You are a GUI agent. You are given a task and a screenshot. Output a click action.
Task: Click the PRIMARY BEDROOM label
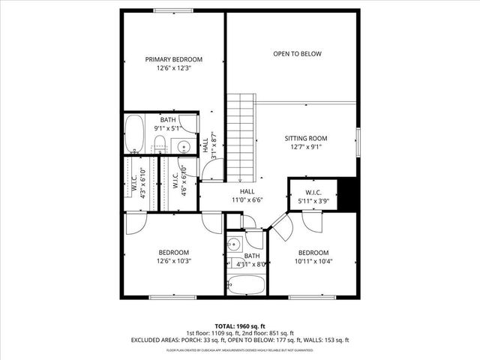pyautogui.click(x=174, y=59)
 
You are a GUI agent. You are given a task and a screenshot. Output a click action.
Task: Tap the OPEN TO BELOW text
pyautogui.click(x=297, y=54)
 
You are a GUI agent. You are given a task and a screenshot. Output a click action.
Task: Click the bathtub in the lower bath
pyautogui.click(x=245, y=286)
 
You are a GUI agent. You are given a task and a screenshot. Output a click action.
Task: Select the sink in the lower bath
pyautogui.click(x=234, y=244)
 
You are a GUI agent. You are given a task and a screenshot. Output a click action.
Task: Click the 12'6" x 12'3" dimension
pyautogui.click(x=174, y=68)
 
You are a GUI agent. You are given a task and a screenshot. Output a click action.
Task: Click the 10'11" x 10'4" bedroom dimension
pyautogui.click(x=313, y=261)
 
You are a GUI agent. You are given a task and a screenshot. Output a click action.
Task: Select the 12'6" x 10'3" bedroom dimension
pyautogui.click(x=173, y=261)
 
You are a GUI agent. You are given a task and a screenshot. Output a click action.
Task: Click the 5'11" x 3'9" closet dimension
pyautogui.click(x=313, y=200)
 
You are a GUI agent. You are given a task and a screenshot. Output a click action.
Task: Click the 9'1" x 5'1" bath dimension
pyautogui.click(x=167, y=128)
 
